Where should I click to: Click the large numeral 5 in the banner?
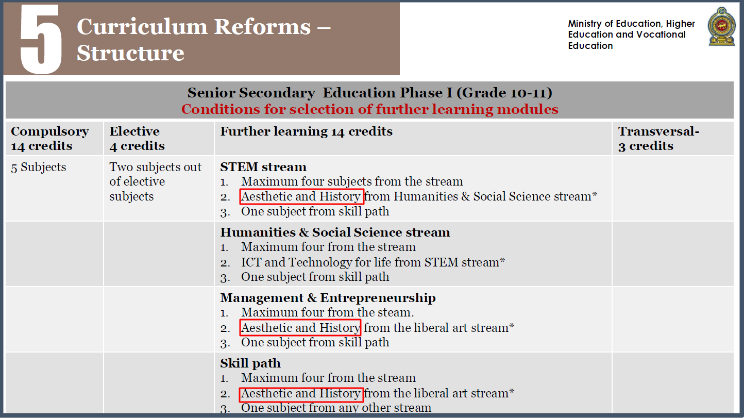click(41, 39)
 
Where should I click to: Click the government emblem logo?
click(721, 27)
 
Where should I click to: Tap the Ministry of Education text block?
click(631, 35)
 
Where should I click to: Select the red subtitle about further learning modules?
click(369, 109)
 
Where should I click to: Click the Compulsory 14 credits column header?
click(50, 139)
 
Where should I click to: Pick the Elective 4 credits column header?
click(137, 139)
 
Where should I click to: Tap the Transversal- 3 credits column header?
click(658, 139)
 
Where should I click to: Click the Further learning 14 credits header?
click(306, 131)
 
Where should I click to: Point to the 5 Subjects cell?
click(39, 167)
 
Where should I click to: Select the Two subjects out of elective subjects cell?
click(156, 182)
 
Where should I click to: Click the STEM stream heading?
click(263, 167)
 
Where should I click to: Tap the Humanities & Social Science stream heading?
click(335, 232)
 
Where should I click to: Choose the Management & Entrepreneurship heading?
click(328, 298)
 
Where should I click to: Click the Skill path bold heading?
click(250, 363)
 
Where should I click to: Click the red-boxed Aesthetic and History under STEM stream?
click(301, 196)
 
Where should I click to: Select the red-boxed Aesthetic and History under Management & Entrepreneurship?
click(300, 328)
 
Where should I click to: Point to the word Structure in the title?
click(130, 53)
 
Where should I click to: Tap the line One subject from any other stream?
click(336, 408)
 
